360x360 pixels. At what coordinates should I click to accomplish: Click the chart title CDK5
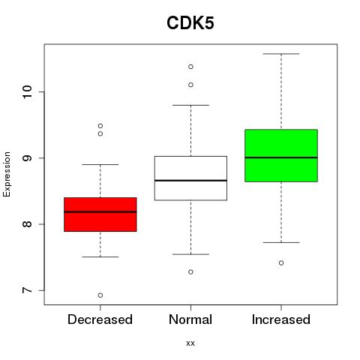click(190, 23)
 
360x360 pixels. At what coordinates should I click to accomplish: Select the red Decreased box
click(100, 214)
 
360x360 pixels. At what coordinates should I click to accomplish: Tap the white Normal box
click(190, 178)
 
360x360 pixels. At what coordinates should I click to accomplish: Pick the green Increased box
click(281, 155)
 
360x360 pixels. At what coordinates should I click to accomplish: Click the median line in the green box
click(281, 157)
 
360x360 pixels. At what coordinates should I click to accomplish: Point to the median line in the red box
click(100, 211)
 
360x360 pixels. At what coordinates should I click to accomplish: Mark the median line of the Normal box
click(190, 180)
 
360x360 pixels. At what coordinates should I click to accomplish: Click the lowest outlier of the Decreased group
click(100, 295)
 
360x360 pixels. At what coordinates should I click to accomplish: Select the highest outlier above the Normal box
click(190, 67)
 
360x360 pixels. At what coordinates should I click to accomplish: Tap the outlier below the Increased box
click(281, 263)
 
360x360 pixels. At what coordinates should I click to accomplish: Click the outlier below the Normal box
click(190, 271)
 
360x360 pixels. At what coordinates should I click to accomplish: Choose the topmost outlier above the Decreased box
click(100, 126)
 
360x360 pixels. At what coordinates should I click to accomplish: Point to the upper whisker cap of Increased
click(281, 54)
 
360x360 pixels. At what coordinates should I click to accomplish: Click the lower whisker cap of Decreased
click(100, 256)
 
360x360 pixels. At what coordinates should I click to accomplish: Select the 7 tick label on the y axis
click(28, 290)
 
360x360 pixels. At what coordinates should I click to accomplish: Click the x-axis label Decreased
click(100, 319)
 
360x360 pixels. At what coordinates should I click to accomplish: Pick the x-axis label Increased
click(281, 319)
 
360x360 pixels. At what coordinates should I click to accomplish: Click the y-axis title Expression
click(7, 174)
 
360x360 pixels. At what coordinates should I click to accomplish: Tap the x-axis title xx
click(190, 343)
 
